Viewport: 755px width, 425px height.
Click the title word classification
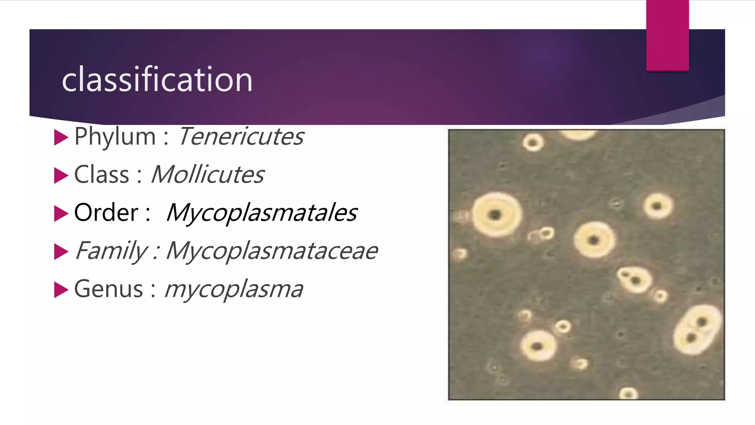(157, 79)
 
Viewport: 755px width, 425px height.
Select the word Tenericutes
(241, 137)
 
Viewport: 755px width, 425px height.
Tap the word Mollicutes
(208, 175)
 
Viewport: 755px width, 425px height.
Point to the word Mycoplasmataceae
(272, 251)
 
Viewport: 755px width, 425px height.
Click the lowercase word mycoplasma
(234, 289)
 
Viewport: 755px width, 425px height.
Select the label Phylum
(115, 137)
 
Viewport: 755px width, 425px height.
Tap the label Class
(102, 175)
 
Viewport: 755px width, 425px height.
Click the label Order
(106, 213)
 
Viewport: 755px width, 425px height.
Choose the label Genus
(108, 289)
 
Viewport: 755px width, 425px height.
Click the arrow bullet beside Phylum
(61, 138)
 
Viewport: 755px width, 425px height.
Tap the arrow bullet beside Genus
(61, 290)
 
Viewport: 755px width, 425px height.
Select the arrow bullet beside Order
(61, 214)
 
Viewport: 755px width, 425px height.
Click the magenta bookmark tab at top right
(667, 35)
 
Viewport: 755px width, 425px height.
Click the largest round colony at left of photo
(497, 215)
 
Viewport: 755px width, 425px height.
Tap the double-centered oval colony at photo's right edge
(697, 329)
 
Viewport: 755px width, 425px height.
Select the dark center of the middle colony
(594, 241)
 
